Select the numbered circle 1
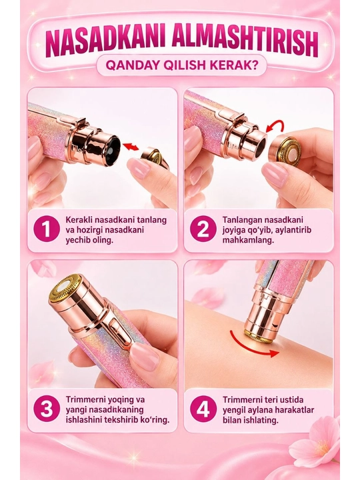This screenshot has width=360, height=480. tap(47, 229)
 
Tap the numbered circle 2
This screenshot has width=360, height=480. tap(203, 229)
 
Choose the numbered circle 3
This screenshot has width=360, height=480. tap(47, 409)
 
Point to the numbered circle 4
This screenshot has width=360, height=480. tap(203, 409)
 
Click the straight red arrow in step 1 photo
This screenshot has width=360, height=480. tap(131, 146)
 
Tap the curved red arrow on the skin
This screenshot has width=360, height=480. tap(253, 345)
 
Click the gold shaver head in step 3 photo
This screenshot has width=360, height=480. tap(66, 288)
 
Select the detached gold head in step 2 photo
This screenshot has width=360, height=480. tap(285, 152)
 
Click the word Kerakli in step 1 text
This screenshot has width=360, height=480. tap(79, 220)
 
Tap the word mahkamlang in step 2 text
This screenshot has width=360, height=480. tap(248, 240)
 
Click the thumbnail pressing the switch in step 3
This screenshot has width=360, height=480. tap(145, 356)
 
